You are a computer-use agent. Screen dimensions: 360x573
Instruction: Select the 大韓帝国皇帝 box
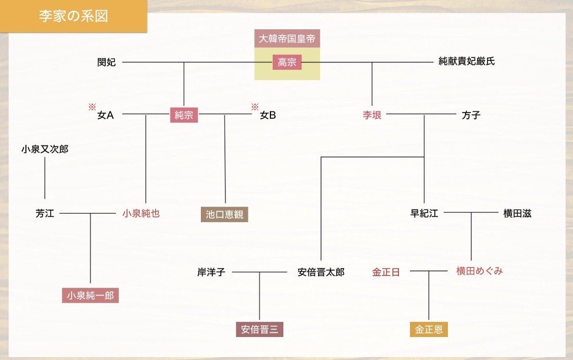287,39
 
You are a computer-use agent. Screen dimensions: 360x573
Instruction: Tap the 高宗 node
287,62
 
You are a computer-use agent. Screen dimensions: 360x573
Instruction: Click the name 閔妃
106,62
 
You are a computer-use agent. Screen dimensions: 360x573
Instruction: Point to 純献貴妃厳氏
466,61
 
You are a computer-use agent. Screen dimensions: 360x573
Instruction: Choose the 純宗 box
184,115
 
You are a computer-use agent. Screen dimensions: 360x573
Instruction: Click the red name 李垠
372,115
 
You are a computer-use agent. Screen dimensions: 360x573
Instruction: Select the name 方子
471,115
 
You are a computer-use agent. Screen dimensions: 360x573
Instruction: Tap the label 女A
106,115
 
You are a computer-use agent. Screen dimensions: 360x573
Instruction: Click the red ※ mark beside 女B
254,107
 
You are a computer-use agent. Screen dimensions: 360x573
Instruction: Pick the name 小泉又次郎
45,149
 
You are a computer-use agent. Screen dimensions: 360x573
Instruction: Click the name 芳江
45,214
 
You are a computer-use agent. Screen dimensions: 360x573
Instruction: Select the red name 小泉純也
141,214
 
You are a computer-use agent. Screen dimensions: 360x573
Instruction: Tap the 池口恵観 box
224,214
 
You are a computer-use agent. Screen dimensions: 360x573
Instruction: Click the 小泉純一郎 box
90,296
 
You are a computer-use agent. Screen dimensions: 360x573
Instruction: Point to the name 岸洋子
211,272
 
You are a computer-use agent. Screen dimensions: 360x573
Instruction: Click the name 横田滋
517,214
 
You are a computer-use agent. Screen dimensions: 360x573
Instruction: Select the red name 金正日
386,272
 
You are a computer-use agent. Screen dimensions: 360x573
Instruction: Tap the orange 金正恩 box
428,329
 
